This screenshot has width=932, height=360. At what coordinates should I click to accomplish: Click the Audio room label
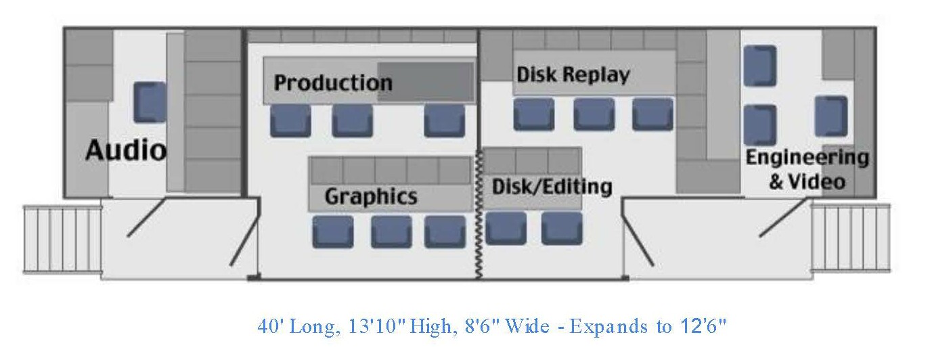[125, 150]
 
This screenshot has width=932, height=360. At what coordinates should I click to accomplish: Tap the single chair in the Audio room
[150, 102]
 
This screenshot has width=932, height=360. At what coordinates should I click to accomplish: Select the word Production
[333, 83]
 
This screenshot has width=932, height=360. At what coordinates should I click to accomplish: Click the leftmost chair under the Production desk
[290, 121]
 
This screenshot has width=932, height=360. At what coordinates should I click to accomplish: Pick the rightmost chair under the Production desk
[444, 121]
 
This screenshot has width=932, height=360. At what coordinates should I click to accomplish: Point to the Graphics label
[371, 197]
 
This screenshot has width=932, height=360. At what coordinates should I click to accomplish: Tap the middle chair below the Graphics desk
[391, 231]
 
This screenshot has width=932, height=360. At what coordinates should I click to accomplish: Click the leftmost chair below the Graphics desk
[332, 231]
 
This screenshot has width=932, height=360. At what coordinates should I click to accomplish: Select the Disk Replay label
[573, 74]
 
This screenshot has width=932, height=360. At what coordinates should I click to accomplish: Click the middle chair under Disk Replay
[594, 114]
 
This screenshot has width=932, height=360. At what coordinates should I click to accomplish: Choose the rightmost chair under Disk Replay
[653, 114]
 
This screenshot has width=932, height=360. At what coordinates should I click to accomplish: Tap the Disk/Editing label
[552, 187]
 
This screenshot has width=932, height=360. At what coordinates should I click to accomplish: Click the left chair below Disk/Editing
[506, 228]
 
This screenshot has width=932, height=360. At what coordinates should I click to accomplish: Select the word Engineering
[807, 158]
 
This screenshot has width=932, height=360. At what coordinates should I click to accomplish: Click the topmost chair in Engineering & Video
[759, 66]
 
